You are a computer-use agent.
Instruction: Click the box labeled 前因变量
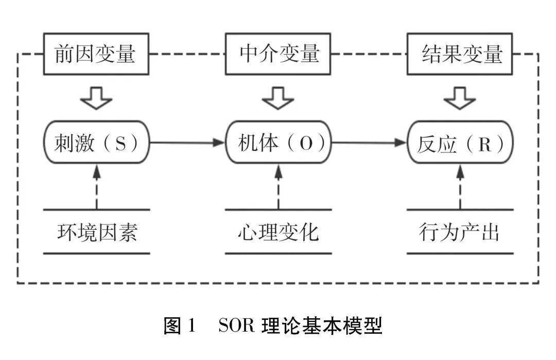point(96,54)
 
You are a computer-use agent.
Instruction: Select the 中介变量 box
point(279,54)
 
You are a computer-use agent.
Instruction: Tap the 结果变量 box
point(461,54)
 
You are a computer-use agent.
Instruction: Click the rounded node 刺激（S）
point(96,143)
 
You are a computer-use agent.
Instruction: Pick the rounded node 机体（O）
point(279,143)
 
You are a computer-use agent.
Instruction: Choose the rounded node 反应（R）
point(461,143)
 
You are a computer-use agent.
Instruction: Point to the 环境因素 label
point(96,232)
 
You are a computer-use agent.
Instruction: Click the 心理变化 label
point(279,232)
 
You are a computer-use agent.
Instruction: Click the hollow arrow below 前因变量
point(96,98)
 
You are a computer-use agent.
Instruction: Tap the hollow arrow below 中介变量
point(279,98)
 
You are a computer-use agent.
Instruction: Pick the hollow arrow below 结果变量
point(460,98)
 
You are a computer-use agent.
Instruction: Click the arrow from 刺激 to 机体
point(188,143)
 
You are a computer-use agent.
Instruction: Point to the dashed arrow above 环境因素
point(96,185)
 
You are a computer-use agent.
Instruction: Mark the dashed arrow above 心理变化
point(279,185)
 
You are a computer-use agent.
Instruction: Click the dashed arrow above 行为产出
point(460,185)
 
